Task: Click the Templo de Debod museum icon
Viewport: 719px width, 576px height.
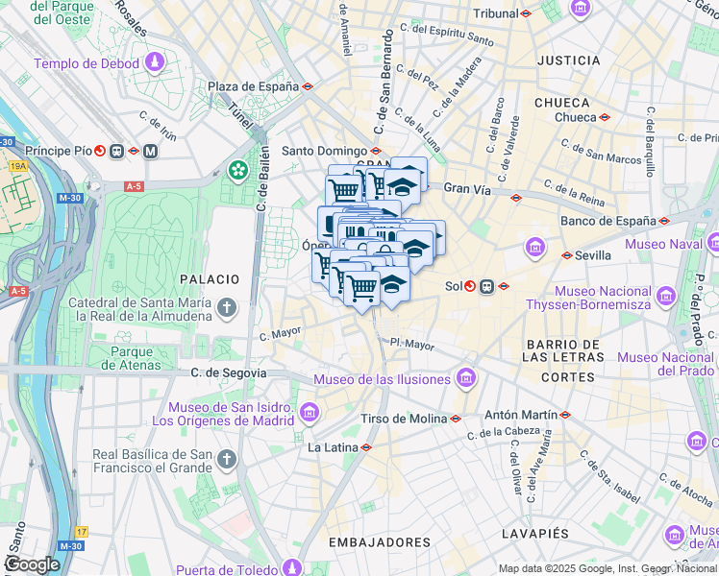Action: [154, 64]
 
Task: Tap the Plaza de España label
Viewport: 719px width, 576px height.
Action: [253, 86]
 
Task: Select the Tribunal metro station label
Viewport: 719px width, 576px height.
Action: [496, 14]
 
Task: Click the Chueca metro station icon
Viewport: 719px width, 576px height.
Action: [605, 118]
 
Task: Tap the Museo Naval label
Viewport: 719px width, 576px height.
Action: [664, 244]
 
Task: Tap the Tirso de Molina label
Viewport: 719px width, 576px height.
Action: [404, 419]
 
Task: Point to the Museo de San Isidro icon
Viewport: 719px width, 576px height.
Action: [310, 413]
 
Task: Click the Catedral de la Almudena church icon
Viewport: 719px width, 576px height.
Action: [227, 308]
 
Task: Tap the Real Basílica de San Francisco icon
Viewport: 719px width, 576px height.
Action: [227, 461]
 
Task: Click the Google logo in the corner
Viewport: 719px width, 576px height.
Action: [32, 564]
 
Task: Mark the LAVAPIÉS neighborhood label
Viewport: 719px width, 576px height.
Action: [535, 533]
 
